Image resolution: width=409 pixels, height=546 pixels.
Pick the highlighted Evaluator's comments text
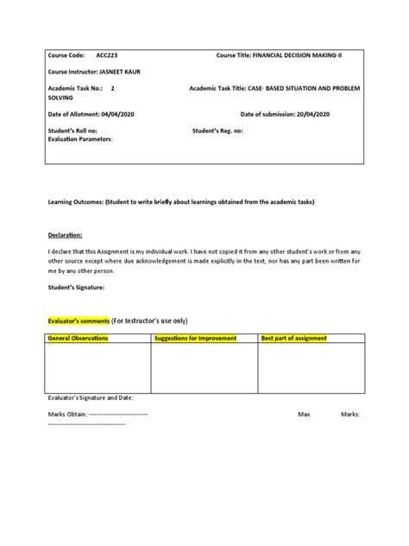(78, 318)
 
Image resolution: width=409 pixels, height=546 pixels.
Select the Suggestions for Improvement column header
(194, 339)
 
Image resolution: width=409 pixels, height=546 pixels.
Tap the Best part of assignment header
(294, 339)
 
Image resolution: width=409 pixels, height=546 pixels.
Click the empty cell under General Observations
(98, 369)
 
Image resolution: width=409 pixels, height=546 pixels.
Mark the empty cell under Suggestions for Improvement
(204, 369)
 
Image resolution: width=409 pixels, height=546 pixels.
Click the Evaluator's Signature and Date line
(91, 399)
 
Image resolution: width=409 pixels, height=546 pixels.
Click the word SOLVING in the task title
(61, 97)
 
